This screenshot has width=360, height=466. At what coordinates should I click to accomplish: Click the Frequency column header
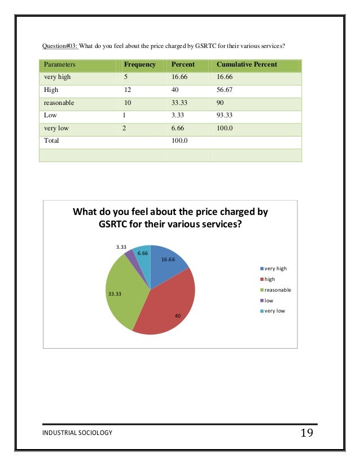point(139,64)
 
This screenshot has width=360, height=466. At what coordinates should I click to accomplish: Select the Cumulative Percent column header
point(247,64)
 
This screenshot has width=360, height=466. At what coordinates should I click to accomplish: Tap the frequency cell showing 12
point(128,90)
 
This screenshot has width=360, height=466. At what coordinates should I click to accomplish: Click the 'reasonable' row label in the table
point(59,103)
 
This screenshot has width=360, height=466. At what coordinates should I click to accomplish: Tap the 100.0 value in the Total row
point(180,141)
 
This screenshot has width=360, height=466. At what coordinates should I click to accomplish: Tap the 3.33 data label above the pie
point(120,247)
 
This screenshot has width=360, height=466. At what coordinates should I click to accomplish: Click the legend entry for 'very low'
point(276,311)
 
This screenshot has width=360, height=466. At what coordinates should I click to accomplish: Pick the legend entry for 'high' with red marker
point(270,279)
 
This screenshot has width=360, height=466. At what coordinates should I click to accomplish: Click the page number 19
point(307,433)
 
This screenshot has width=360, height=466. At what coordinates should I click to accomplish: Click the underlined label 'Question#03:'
point(60,45)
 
